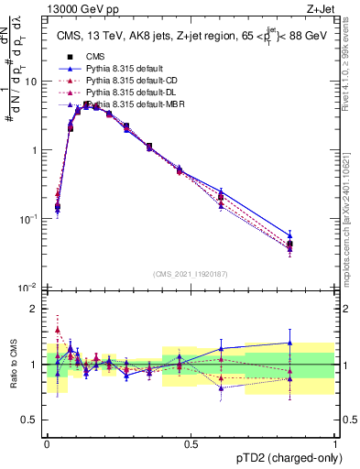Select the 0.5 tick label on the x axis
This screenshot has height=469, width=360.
click(191, 444)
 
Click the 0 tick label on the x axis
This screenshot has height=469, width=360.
click(47, 444)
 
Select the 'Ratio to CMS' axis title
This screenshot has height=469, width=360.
click(13, 365)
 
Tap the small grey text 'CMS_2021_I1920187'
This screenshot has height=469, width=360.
click(191, 275)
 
